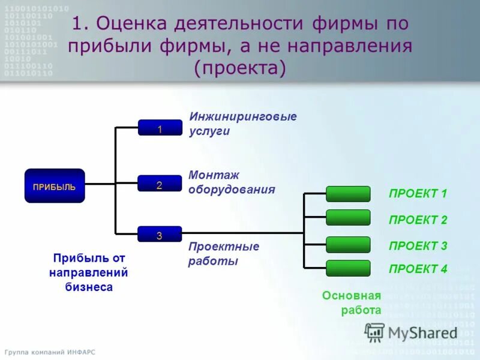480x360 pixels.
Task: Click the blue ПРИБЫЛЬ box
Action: click(55, 186)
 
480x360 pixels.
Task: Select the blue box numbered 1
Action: click(160, 128)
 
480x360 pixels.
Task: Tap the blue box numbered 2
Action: click(160, 184)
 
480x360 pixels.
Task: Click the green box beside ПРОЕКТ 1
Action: click(348, 194)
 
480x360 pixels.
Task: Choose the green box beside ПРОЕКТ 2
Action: click(348, 218)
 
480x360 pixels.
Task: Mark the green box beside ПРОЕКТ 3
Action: click(348, 245)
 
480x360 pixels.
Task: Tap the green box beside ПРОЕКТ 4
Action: click(348, 268)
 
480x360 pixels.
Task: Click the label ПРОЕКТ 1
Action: click(418, 194)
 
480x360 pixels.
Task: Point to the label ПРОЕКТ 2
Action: click(418, 220)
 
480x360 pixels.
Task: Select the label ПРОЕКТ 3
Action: click(418, 246)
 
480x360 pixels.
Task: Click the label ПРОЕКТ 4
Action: click(418, 269)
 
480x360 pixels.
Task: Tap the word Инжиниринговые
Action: click(243, 116)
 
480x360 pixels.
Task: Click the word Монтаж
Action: click(214, 175)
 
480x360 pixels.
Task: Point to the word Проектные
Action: click(224, 247)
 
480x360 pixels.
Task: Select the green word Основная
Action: click(352, 296)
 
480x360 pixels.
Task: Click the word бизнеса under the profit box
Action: click(89, 287)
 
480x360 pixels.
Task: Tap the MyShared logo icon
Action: click(375, 332)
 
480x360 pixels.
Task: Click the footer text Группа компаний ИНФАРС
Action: click(50, 352)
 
